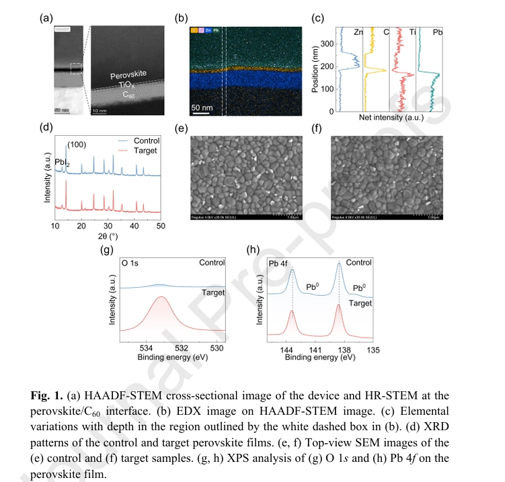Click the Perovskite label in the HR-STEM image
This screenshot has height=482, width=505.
(x=128, y=76)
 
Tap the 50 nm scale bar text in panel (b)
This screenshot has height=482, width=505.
(x=202, y=107)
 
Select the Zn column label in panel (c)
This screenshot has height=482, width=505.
(x=359, y=32)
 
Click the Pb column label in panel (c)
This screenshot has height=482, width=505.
(x=438, y=32)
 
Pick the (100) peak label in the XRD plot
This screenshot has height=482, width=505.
(x=77, y=145)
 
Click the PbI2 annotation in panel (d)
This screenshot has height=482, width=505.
(x=62, y=162)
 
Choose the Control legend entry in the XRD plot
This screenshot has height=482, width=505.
(x=145, y=141)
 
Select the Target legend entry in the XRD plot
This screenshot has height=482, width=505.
(x=144, y=151)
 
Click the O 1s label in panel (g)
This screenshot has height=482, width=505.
(x=129, y=263)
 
